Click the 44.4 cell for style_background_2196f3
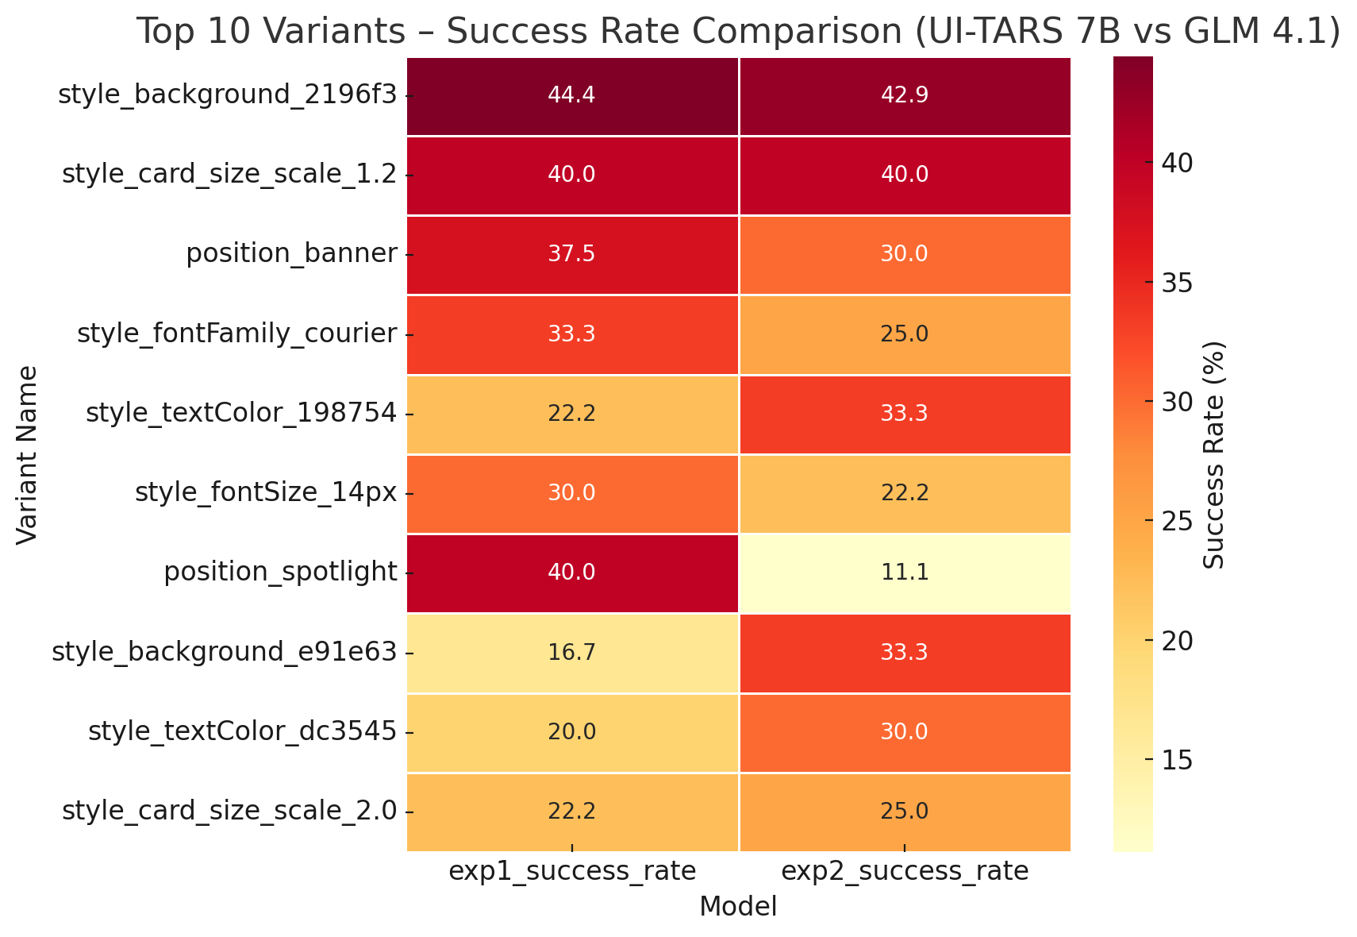[x=571, y=95]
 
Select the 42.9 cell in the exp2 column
[x=905, y=95]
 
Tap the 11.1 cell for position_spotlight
[x=905, y=573]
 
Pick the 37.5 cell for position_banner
[x=571, y=254]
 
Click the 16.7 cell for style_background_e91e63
[x=571, y=653]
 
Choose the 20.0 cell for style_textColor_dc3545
[x=571, y=732]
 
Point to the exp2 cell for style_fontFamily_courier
[x=905, y=334]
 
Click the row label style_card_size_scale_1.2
[x=229, y=175]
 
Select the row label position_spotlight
[x=280, y=573]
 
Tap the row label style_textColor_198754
[x=240, y=414]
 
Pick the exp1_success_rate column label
[x=571, y=872]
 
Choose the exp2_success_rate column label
[x=905, y=872]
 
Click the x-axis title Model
[x=738, y=907]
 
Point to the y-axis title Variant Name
[x=28, y=454]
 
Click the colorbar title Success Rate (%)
[x=1215, y=454]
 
